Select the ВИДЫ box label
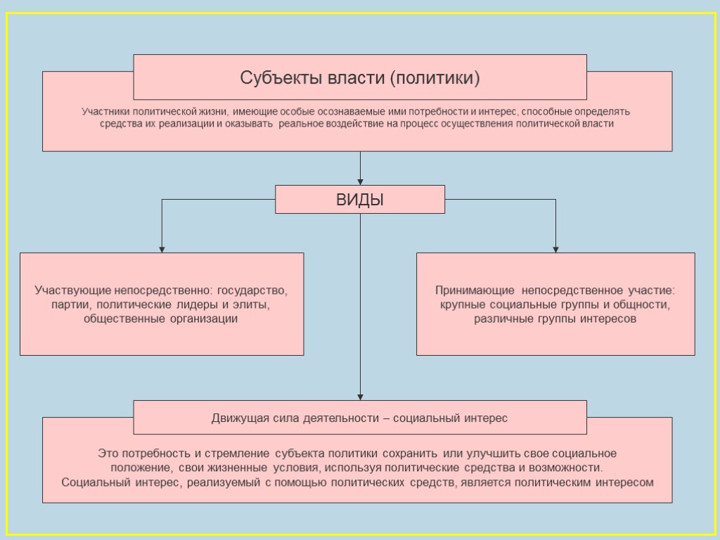coord(360,200)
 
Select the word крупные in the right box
coord(462,304)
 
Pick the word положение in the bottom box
coord(140,468)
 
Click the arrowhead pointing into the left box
coord(162,249)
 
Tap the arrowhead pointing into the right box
coord(555,249)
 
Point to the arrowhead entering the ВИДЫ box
coord(360,181)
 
